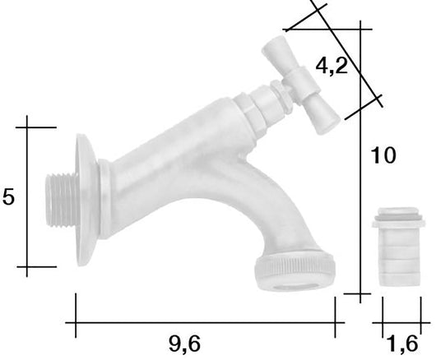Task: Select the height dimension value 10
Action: [x=384, y=155]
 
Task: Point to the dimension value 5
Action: [x=9, y=197]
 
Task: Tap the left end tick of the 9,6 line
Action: [x=76, y=316]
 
